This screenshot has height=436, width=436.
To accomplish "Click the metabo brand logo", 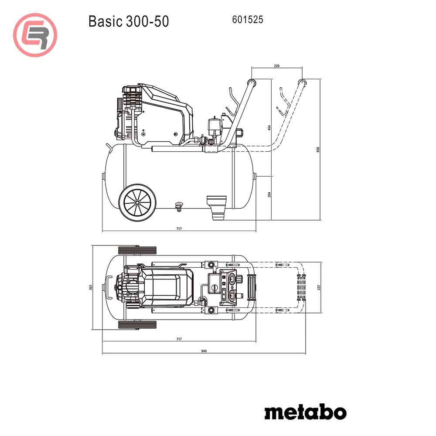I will [305, 412].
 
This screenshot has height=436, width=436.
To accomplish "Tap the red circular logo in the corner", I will [35, 35].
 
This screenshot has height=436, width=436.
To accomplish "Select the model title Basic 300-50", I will [128, 21].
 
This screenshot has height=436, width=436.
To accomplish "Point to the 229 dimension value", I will [276, 65].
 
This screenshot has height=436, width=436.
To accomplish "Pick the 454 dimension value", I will [269, 128].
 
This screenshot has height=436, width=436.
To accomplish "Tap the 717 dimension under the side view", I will [179, 229].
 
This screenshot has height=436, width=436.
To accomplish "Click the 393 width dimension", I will [90, 287].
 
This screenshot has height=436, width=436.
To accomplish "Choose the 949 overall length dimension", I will [204, 351].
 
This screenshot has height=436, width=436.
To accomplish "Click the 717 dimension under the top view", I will [179, 339].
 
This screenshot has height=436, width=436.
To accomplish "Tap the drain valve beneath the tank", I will [178, 206].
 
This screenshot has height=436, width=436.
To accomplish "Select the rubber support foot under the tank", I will [217, 207].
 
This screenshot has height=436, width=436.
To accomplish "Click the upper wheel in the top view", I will [137, 250].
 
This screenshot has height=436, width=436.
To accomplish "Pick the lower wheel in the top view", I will [137, 325].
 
